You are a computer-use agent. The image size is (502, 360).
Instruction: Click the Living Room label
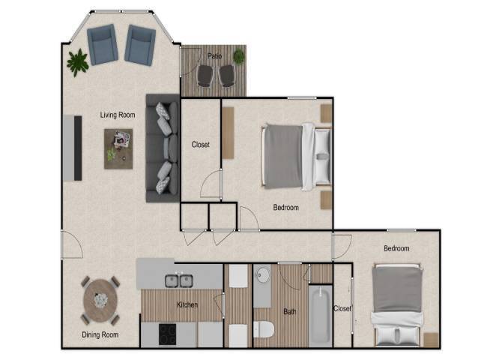(118, 115)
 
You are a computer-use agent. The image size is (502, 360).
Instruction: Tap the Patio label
(215, 55)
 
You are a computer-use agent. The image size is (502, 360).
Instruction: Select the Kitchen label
(187, 305)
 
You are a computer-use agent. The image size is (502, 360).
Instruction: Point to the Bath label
(290, 311)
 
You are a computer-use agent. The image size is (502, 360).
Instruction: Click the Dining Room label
(100, 334)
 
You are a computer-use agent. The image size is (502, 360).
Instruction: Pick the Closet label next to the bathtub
(342, 308)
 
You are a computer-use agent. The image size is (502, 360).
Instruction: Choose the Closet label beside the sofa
(201, 145)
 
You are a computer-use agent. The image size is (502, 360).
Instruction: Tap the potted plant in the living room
(77, 62)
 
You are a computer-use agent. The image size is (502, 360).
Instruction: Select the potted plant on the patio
(239, 55)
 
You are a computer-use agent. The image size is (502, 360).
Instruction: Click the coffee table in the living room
(118, 148)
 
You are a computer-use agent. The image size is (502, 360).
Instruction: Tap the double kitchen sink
(181, 280)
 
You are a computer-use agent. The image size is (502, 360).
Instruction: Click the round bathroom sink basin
(262, 276)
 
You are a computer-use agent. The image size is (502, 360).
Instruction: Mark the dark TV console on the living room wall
(77, 147)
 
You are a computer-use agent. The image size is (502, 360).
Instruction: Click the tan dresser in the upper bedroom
(228, 133)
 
